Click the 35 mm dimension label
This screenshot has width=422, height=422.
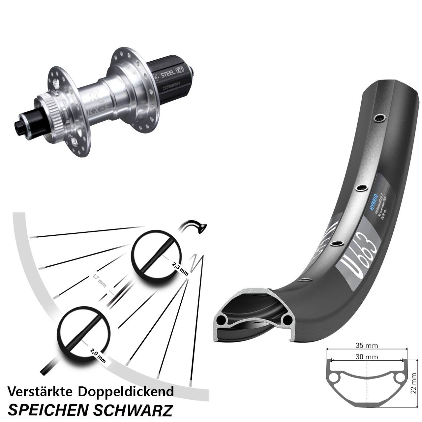click(367, 346)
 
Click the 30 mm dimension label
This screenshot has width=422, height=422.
click(367, 357)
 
